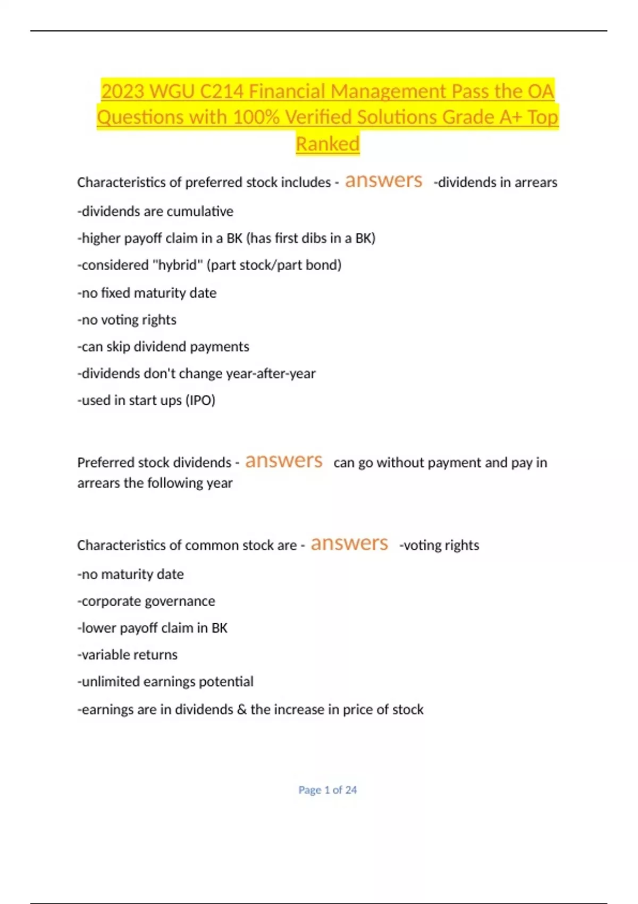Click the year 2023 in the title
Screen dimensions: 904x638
point(123,91)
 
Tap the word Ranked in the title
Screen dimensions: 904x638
point(328,144)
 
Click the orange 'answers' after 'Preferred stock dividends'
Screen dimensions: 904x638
point(283,461)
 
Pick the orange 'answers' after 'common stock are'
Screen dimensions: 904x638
point(349,543)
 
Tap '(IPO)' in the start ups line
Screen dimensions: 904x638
point(200,400)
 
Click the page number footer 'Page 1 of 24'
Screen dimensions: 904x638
point(328,790)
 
